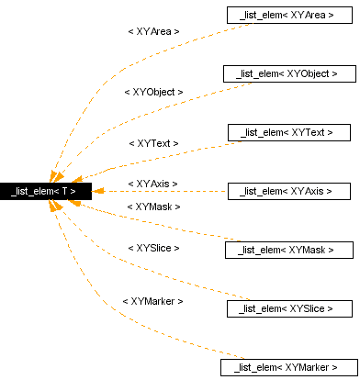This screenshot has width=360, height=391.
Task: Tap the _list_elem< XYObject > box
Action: [x=287, y=73]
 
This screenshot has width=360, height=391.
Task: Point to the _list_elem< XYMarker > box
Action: [x=287, y=367]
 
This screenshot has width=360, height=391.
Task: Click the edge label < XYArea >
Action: [x=153, y=31]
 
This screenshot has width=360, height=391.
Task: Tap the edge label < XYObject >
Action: [x=153, y=92]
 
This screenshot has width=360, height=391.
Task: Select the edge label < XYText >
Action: [x=153, y=144]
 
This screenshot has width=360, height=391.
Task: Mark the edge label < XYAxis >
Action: [x=153, y=184]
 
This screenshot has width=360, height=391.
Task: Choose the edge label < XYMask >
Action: [x=153, y=207]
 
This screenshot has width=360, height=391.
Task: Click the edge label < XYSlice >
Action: [x=153, y=248]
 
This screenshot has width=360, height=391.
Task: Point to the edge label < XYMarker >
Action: [x=153, y=301]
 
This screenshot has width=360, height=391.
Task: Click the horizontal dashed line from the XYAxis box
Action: [x=165, y=191]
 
